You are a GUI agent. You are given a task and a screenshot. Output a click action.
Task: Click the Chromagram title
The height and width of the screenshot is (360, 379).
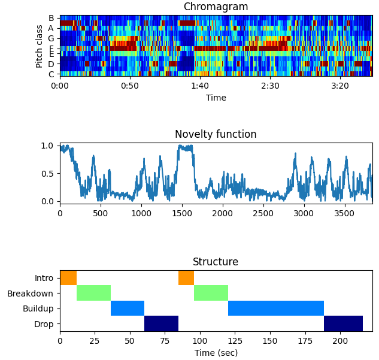coord(216,7)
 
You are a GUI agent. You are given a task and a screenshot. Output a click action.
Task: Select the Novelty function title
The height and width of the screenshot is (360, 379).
coord(216,134)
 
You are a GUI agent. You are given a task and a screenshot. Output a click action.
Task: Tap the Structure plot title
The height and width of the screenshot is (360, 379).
coord(216,262)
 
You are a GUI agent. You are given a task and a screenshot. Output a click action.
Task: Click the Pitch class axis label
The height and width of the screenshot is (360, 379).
coord(39,46)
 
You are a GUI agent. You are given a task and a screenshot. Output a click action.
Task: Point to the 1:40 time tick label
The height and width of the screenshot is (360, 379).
coord(200,86)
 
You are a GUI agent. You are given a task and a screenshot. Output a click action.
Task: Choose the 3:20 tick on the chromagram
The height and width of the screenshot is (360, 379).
coord(340,86)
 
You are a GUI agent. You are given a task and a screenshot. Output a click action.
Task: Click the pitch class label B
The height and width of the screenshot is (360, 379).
coord(51,18)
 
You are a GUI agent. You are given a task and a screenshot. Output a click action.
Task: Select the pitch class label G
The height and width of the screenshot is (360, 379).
coord(51,38)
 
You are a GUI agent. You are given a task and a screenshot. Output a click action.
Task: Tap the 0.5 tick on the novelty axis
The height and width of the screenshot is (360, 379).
coord(47,174)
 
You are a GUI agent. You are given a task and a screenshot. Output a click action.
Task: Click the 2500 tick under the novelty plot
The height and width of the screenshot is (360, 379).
coord(263,213)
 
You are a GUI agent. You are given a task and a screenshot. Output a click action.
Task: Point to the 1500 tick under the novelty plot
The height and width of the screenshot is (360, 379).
coord(182,213)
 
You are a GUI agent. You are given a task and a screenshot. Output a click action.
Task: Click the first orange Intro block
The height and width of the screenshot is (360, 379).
coord(68,278)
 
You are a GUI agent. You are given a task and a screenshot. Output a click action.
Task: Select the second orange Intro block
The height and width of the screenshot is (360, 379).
coord(186,278)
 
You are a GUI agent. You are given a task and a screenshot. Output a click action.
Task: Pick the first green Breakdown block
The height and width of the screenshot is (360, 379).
coord(93,293)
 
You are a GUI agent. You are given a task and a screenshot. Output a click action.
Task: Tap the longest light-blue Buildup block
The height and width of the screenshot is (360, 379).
coord(276,308)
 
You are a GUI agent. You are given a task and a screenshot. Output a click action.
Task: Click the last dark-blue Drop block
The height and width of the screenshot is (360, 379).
coord(343,323)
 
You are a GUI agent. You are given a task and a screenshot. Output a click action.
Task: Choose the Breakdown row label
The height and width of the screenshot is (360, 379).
coord(30,294)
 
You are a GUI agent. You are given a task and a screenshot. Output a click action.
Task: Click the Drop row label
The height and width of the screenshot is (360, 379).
coord(44,324)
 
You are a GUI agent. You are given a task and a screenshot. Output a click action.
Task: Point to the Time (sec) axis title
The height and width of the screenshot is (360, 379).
coord(216,353)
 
